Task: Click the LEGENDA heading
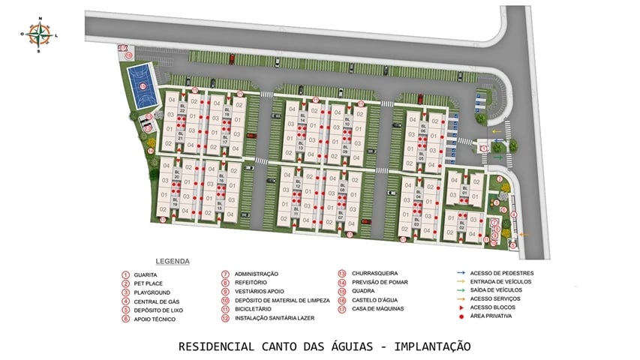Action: [x=172, y=262]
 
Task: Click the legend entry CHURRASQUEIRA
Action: [x=373, y=273]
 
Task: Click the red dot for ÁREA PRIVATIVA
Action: [x=459, y=316]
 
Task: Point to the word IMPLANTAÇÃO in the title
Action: [x=432, y=346]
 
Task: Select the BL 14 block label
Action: [x=302, y=118]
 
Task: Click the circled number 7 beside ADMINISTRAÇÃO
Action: [x=225, y=274]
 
